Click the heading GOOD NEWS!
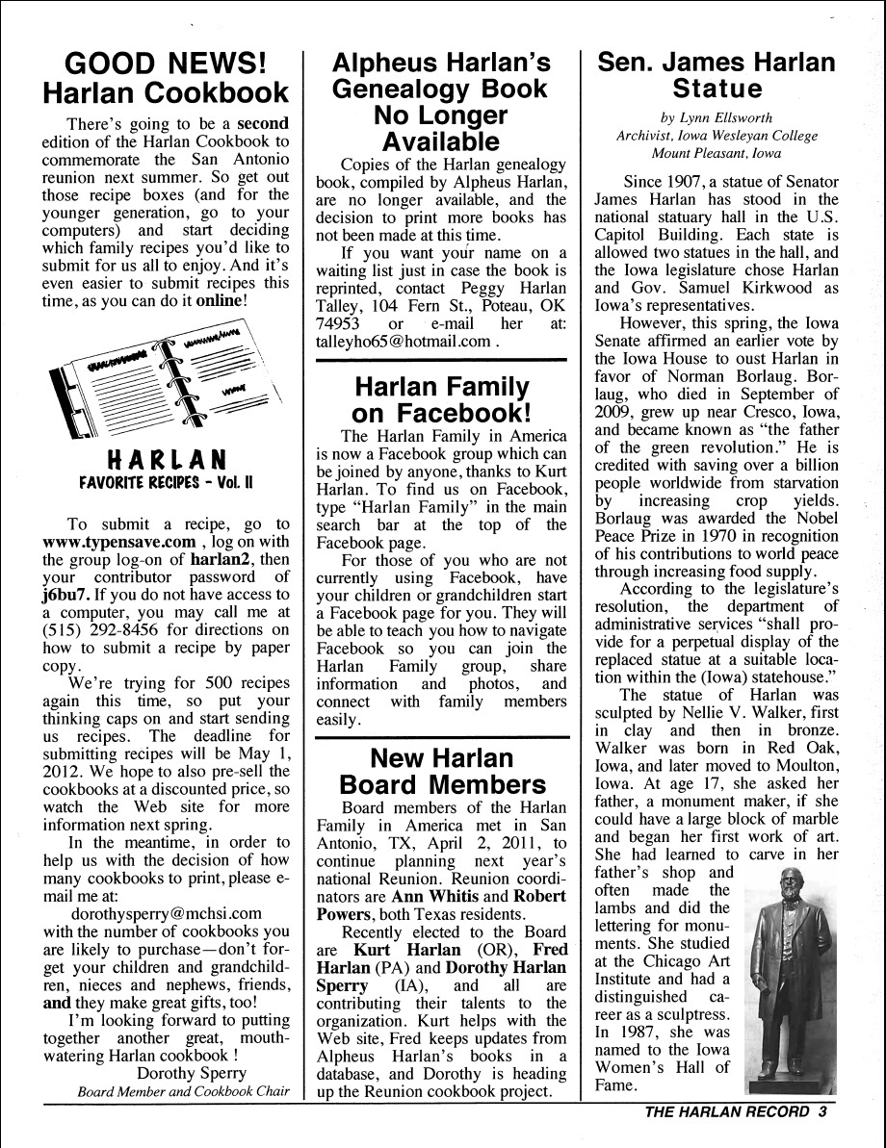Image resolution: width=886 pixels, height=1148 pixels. [165, 64]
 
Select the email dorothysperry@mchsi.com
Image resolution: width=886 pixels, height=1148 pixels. [167, 913]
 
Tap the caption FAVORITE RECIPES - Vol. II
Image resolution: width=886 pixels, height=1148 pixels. [166, 480]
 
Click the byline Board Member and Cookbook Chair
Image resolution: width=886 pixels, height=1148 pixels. [184, 1091]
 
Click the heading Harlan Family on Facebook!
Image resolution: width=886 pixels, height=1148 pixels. [442, 400]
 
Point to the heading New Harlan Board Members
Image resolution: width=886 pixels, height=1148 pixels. [442, 771]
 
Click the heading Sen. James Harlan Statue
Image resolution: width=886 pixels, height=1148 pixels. [717, 76]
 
